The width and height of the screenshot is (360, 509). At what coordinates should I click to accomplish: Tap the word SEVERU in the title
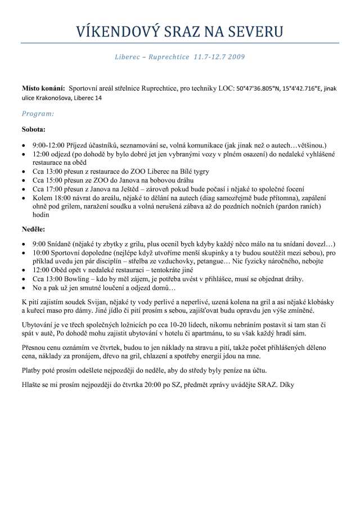coord(254,30)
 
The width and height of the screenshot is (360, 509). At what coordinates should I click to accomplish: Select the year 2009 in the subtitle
coord(236,57)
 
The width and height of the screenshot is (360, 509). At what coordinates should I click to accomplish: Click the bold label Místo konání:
coord(43,88)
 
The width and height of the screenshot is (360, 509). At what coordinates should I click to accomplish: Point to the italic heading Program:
coord(38,114)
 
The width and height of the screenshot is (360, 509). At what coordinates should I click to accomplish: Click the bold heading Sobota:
coord(34,129)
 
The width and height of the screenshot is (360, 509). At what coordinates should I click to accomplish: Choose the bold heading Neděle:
coord(34,229)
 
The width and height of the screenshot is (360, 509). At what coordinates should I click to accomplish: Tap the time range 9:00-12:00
coord(49,145)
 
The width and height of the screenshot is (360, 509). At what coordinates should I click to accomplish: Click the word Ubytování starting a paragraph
coord(41,326)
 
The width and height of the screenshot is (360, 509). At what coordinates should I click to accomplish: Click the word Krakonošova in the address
coord(57,98)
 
